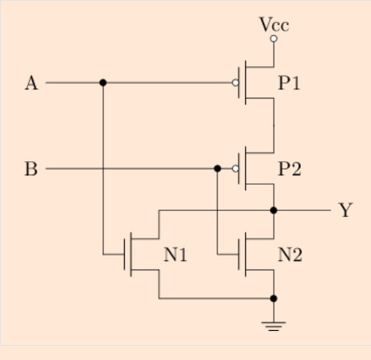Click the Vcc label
coord(274,24)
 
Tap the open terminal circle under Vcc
coord(274,38)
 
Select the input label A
coord(31,83)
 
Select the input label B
coord(31,169)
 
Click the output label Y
coord(346,210)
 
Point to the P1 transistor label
coord(289,83)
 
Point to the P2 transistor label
coord(290,169)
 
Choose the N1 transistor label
coord(175,255)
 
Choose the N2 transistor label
coord(290,255)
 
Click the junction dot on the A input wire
coord(103,83)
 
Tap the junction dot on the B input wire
coord(217,169)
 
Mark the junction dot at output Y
coord(274,210)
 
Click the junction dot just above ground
coord(274,299)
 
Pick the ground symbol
coord(274,326)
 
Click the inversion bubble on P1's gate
coord(236,83)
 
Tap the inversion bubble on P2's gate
coord(236,169)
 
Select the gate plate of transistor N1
coord(125,255)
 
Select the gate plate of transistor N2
coord(239,255)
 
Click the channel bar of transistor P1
coord(246,83)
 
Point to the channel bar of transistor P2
coord(246,169)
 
